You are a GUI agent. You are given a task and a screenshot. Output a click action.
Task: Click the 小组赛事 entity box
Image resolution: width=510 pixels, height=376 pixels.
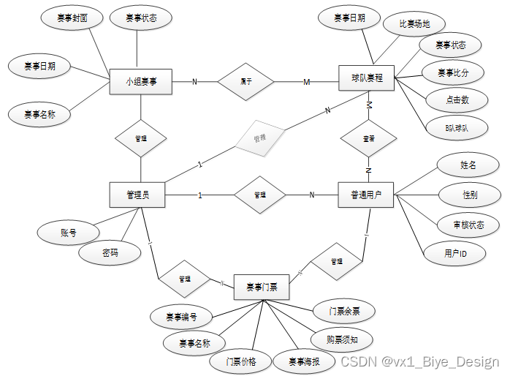tap(140, 82)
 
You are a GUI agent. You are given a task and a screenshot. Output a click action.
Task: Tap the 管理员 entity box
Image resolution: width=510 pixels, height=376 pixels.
tap(137, 195)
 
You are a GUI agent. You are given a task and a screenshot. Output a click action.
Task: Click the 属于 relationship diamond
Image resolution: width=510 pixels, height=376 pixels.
tap(246, 82)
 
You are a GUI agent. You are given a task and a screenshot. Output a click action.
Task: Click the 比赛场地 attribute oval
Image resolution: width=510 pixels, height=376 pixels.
tap(414, 23)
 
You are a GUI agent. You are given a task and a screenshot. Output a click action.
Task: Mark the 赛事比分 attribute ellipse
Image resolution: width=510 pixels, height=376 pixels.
tap(452, 72)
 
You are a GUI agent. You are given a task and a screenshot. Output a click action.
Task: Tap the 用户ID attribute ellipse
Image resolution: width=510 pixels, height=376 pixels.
tap(455, 253)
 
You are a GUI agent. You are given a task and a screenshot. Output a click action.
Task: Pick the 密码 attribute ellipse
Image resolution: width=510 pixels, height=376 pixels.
tap(110, 253)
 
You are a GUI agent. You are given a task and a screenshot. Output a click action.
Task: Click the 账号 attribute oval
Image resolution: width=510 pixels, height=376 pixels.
tap(69, 233)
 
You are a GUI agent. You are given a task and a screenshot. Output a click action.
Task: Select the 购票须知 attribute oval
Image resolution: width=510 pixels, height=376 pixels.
tap(341, 339)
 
